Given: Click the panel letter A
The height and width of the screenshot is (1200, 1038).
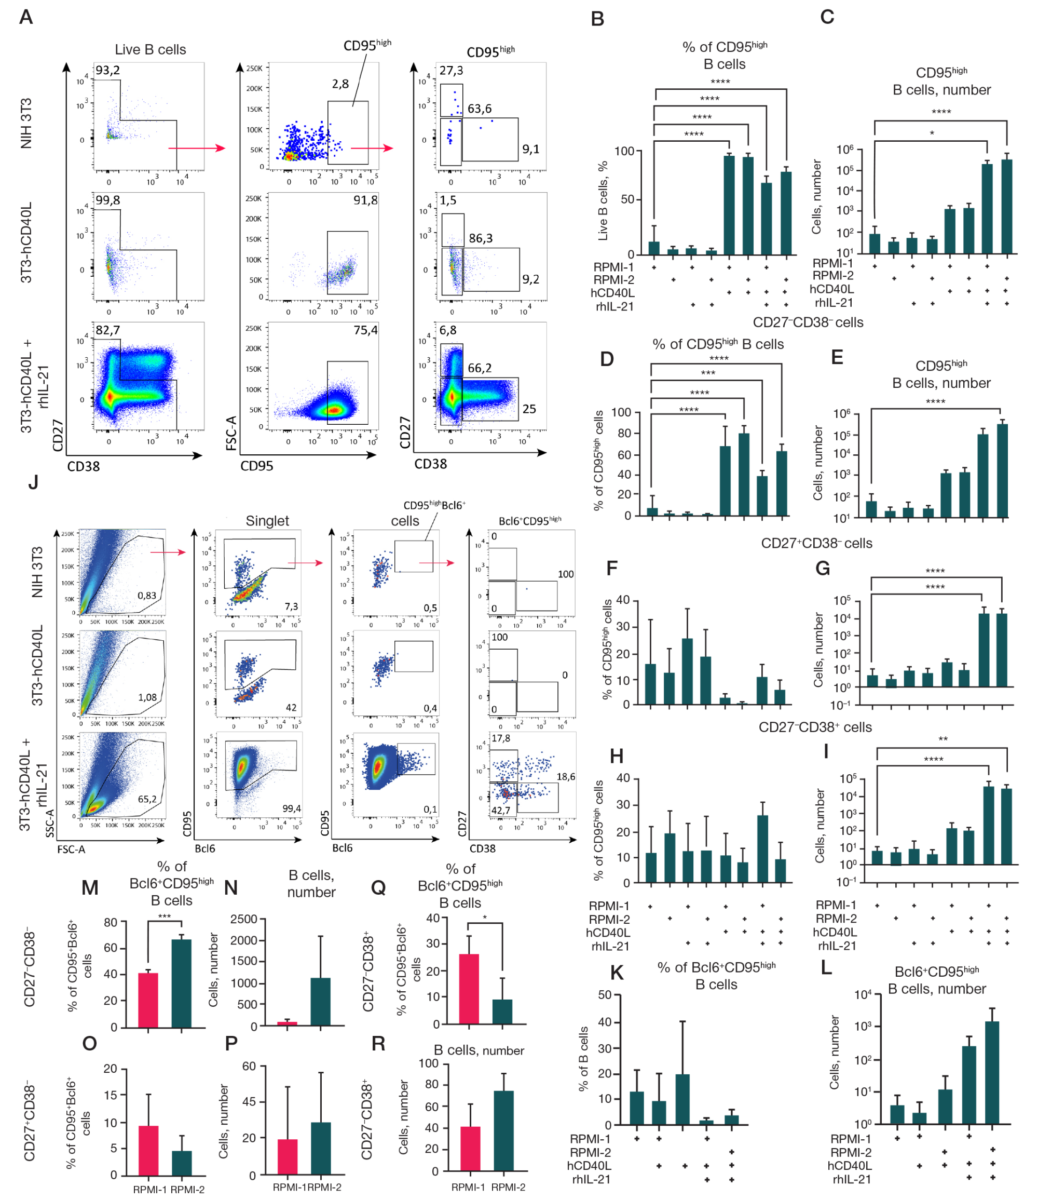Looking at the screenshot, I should [26, 17].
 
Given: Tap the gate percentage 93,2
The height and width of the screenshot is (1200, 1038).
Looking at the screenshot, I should [108, 70].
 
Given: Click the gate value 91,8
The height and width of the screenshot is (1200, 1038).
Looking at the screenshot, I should [365, 200].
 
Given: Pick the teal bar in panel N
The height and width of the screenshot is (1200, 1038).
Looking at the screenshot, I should [320, 1002].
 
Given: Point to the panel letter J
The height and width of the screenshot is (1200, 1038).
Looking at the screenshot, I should [33, 482].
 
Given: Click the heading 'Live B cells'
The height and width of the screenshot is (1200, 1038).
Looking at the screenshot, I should [150, 50].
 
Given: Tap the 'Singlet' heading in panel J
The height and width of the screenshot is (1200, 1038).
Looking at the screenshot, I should [267, 520].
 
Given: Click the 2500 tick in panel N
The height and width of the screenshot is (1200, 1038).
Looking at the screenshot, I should [243, 919].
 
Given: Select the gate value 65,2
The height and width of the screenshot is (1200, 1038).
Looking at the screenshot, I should [147, 799].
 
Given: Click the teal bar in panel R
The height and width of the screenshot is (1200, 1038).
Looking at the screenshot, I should [503, 1130].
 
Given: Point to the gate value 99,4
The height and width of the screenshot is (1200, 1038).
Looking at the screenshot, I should [291, 808].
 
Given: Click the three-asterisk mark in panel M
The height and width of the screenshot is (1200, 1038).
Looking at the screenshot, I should [165, 916].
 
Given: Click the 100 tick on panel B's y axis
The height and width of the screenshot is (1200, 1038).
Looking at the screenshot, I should [624, 151].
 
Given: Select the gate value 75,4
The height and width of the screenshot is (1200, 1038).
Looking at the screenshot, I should [365, 330].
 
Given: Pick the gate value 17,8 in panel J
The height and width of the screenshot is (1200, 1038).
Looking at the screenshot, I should [501, 739].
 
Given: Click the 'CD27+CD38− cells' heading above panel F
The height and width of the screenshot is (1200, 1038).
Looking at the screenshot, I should [816, 544].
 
